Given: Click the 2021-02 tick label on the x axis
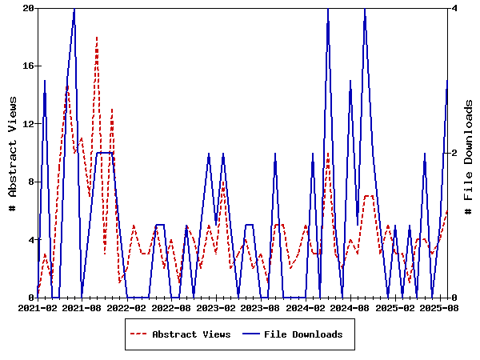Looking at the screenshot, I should (x=38, y=307).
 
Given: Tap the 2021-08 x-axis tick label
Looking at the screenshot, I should (x=82, y=307).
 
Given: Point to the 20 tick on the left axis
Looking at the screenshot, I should (x=28, y=9).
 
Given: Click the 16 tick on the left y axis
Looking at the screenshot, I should (x=28, y=66).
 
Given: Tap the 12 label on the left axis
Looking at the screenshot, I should (x=28, y=124).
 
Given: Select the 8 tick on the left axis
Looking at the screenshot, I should (x=30, y=182).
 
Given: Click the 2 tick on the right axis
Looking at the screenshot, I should (x=454, y=153).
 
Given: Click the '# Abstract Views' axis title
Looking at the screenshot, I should (x=12, y=153).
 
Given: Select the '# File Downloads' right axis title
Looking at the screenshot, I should (x=469, y=153).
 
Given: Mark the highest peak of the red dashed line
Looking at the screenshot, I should (x=97, y=38).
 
